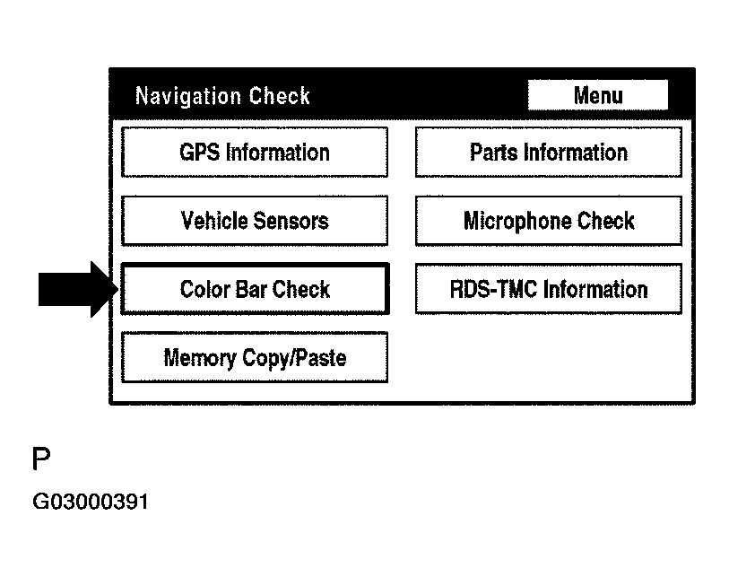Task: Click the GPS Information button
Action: pyautogui.click(x=255, y=153)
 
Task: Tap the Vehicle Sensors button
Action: pyautogui.click(x=255, y=221)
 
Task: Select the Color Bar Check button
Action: pyautogui.click(x=255, y=289)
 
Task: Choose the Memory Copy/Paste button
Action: pyautogui.click(x=255, y=358)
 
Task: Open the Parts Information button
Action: pyautogui.click(x=548, y=153)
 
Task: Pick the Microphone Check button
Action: pyautogui.click(x=548, y=221)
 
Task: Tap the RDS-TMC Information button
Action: pyautogui.click(x=548, y=289)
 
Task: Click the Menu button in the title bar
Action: pyautogui.click(x=597, y=95)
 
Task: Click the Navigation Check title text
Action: pyautogui.click(x=222, y=96)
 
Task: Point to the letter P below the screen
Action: pyautogui.click(x=41, y=461)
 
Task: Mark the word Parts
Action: pyautogui.click(x=493, y=153)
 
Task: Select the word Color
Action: pyautogui.click(x=204, y=289)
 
